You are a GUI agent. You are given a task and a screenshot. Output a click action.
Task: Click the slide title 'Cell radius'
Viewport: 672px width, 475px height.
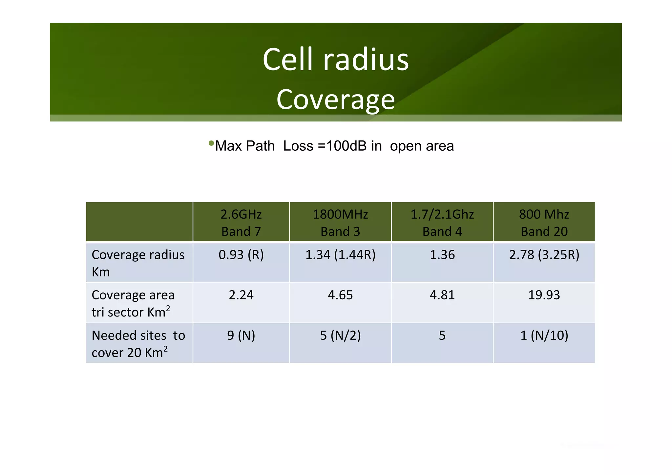pyautogui.click(x=335, y=59)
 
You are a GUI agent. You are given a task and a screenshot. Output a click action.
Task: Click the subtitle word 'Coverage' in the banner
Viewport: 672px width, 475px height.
pyautogui.click(x=335, y=99)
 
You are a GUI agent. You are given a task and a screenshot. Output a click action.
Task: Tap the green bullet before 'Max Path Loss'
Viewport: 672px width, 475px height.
pyautogui.click(x=211, y=143)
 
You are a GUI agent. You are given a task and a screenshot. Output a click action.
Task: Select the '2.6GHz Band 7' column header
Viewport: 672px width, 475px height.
pyautogui.click(x=241, y=223)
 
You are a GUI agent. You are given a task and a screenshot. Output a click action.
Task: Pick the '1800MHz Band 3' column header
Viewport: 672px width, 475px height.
pyautogui.click(x=340, y=223)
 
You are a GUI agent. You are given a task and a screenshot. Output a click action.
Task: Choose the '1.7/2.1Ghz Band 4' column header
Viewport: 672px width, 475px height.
pyautogui.click(x=442, y=223)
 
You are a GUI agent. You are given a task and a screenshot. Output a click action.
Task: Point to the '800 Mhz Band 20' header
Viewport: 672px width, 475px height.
pyautogui.click(x=544, y=223)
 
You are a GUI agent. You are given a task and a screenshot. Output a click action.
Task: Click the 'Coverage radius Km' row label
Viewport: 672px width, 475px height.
pyautogui.click(x=138, y=263)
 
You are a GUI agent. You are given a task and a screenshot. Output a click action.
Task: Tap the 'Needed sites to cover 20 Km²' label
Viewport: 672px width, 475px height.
pyautogui.click(x=138, y=344)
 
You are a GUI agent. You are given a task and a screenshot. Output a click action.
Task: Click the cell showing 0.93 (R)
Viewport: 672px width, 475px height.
pyautogui.click(x=241, y=255)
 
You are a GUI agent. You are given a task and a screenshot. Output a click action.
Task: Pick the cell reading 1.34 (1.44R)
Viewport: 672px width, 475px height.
pyautogui.click(x=340, y=255)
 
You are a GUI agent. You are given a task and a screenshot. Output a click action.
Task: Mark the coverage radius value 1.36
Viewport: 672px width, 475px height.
pyautogui.click(x=442, y=255)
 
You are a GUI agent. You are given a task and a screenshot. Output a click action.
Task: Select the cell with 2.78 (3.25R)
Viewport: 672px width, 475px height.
pyautogui.click(x=544, y=255)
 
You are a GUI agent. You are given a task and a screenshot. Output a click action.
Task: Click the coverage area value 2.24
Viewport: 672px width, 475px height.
pyautogui.click(x=241, y=295)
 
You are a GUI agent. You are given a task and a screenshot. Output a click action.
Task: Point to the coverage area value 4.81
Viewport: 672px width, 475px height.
pyautogui.click(x=442, y=295)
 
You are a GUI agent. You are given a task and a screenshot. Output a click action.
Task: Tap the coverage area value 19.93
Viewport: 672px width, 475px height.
pyautogui.click(x=544, y=295)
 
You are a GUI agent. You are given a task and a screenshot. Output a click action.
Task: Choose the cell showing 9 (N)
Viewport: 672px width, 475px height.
pyautogui.click(x=241, y=335)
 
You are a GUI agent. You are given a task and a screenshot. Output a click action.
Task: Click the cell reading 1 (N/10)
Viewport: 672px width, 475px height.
pyautogui.click(x=544, y=335)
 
